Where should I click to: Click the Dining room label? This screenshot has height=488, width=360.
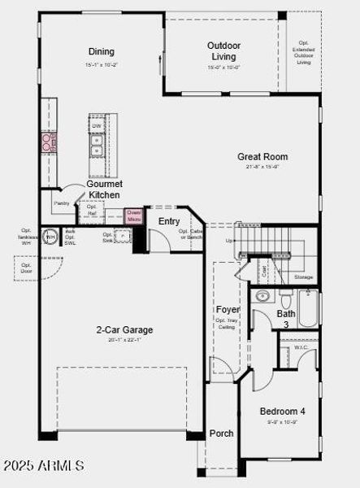pos(102,51)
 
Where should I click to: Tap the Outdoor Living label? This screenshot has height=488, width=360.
pos(223,51)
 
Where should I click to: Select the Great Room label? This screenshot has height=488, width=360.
pos(262,156)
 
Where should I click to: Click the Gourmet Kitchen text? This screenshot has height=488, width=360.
pos(105,190)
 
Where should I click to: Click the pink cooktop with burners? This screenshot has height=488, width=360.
pos(49,143)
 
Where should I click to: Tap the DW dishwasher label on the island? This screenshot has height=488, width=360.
pos(97,126)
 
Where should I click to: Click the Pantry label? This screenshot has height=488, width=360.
pos(62,203)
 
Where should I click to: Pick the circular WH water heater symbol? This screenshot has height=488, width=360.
pos(50,237)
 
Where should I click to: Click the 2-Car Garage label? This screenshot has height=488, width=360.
pos(124,329)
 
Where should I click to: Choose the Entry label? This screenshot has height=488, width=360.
pos(169,221)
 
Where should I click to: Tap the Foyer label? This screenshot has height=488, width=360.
pos(227,310)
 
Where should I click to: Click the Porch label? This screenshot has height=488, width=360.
pos(222,434)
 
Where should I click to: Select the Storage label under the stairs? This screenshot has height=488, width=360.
pos(303,277)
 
